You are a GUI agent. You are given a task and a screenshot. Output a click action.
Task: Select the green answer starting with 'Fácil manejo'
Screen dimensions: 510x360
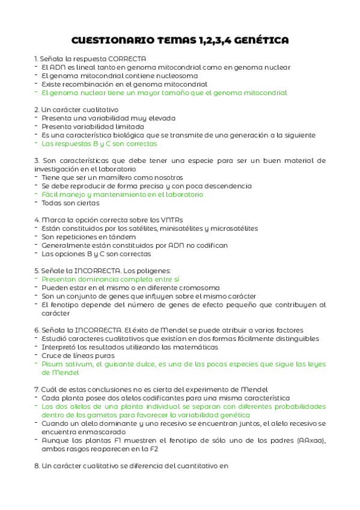[x=123, y=195]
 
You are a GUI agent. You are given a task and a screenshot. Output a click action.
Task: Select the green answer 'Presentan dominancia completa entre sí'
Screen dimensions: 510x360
[x=111, y=280]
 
